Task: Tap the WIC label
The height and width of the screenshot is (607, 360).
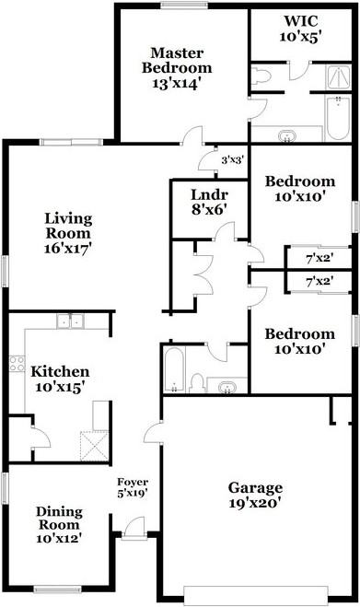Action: (x=299, y=20)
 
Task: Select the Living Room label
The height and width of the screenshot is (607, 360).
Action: (x=69, y=225)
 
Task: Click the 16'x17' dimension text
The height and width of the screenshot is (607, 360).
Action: (x=69, y=247)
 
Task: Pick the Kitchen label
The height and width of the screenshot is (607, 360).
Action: (x=60, y=371)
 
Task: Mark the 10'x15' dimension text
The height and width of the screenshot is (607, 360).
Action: (x=60, y=388)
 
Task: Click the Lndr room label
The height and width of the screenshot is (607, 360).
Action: (x=208, y=195)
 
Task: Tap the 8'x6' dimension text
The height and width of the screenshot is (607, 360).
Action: (x=208, y=210)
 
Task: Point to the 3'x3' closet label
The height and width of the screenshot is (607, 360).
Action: (x=231, y=159)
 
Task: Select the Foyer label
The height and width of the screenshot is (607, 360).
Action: (x=133, y=483)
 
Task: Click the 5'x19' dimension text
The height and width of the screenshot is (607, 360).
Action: (x=133, y=494)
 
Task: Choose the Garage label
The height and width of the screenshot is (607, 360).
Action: (x=255, y=487)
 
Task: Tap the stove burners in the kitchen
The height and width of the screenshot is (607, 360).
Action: (x=16, y=363)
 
